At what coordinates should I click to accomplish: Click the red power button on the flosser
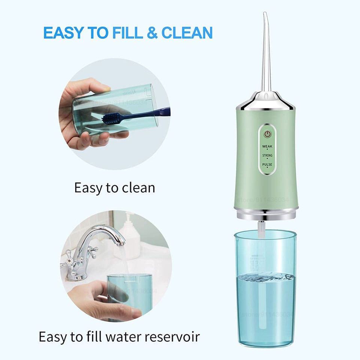(x=267, y=134)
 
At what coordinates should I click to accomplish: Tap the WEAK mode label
(x=267, y=146)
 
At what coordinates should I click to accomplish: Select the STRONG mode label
(x=267, y=155)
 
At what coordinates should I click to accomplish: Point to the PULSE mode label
(x=267, y=165)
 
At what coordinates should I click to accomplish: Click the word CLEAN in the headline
(x=187, y=33)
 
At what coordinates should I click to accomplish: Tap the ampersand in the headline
(x=152, y=33)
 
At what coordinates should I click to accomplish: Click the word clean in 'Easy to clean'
(x=135, y=187)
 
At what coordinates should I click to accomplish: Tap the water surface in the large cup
(x=265, y=277)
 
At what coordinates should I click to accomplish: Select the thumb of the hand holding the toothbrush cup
(x=88, y=85)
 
